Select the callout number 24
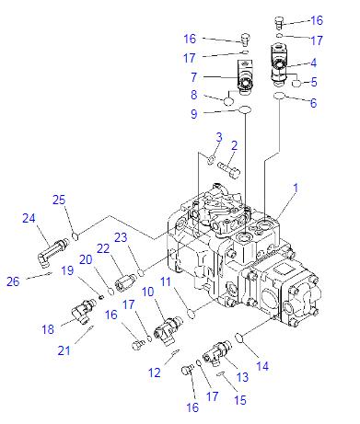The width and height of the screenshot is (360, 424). [28, 218]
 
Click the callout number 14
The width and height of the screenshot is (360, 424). [262, 366]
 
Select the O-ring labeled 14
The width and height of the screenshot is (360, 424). [240, 336]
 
